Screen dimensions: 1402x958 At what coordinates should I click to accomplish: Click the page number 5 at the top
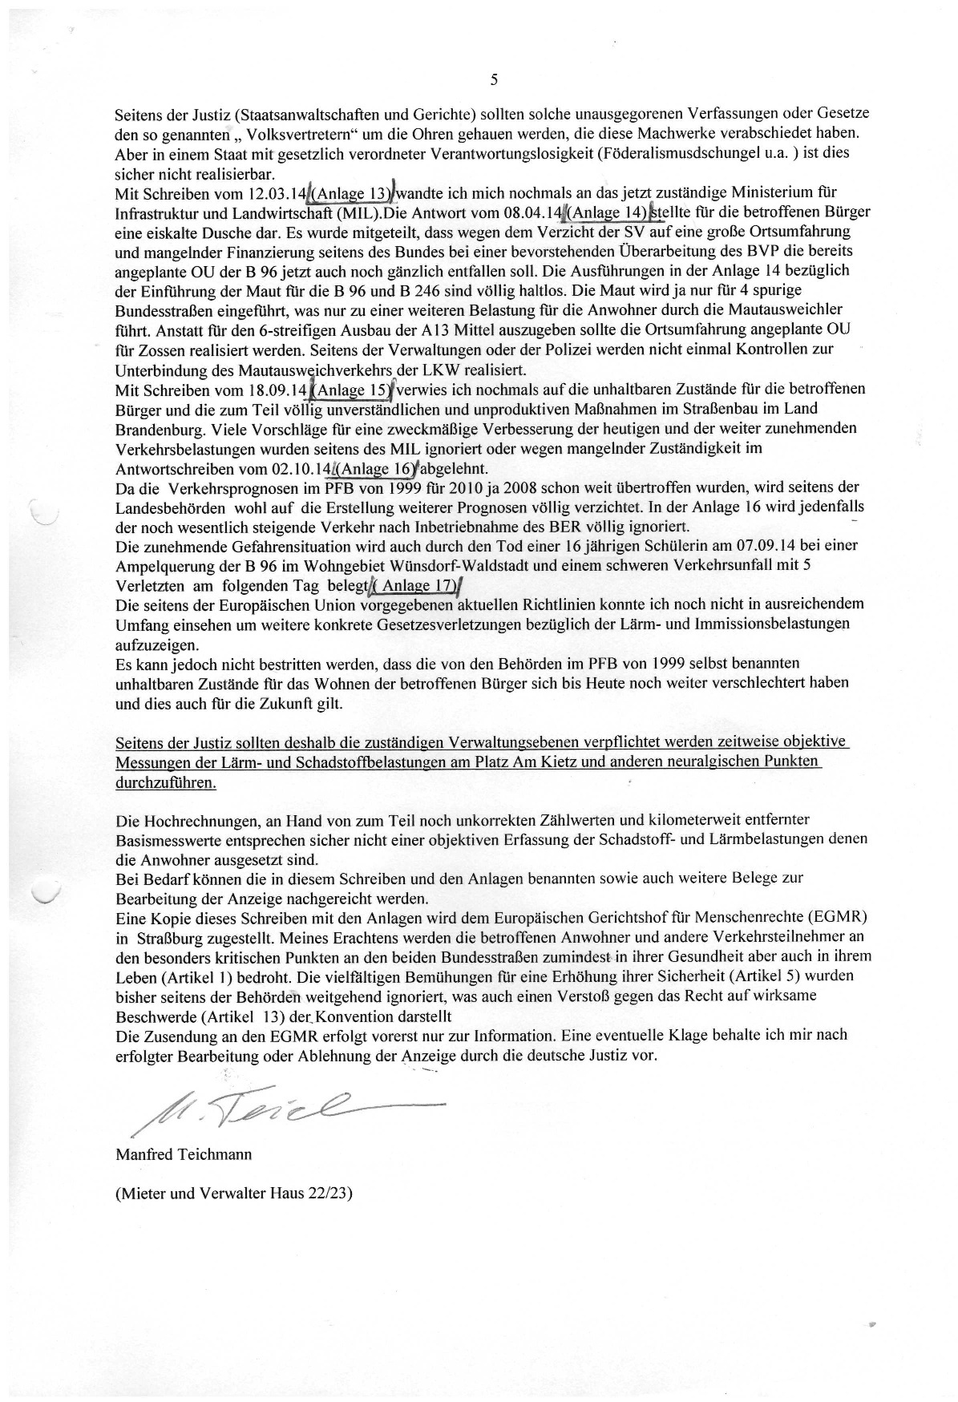493,79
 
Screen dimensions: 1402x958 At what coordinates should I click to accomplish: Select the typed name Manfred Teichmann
184,1154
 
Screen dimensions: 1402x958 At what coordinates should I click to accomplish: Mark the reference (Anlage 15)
351,390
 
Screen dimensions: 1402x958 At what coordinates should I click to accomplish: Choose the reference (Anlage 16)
374,468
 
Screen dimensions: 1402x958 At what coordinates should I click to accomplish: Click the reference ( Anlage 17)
417,585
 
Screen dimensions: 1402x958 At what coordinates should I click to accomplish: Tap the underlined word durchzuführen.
166,782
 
